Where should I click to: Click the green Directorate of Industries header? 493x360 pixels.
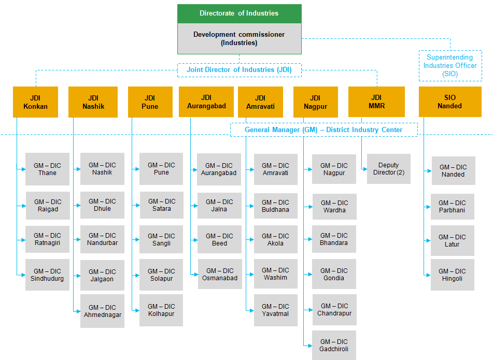pos(239,13)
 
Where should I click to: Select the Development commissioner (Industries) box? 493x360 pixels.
pos(239,39)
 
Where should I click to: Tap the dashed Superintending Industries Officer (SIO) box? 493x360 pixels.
pos(450,66)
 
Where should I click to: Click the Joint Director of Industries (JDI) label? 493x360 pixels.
pos(238,70)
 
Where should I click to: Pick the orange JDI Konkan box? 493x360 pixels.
pos(35,102)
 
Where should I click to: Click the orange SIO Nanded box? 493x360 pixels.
pos(449,102)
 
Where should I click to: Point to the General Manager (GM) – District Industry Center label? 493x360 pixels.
pos(323,129)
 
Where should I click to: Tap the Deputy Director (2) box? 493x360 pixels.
pos(389,169)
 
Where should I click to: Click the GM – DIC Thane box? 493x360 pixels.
pos(47,169)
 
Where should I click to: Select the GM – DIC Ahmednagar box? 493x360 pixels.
pos(102,311)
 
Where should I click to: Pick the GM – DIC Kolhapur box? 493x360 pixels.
pos(161,310)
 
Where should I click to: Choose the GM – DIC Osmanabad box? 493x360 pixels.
pos(219,275)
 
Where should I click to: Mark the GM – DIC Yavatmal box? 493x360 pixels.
pos(276,310)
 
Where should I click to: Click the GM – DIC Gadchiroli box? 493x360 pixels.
pos(334,345)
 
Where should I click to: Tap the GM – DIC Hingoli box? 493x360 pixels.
pos(453,275)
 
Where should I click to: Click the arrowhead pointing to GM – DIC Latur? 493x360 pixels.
pos(428,241)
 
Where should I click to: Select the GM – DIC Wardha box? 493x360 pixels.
pos(334,207)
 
